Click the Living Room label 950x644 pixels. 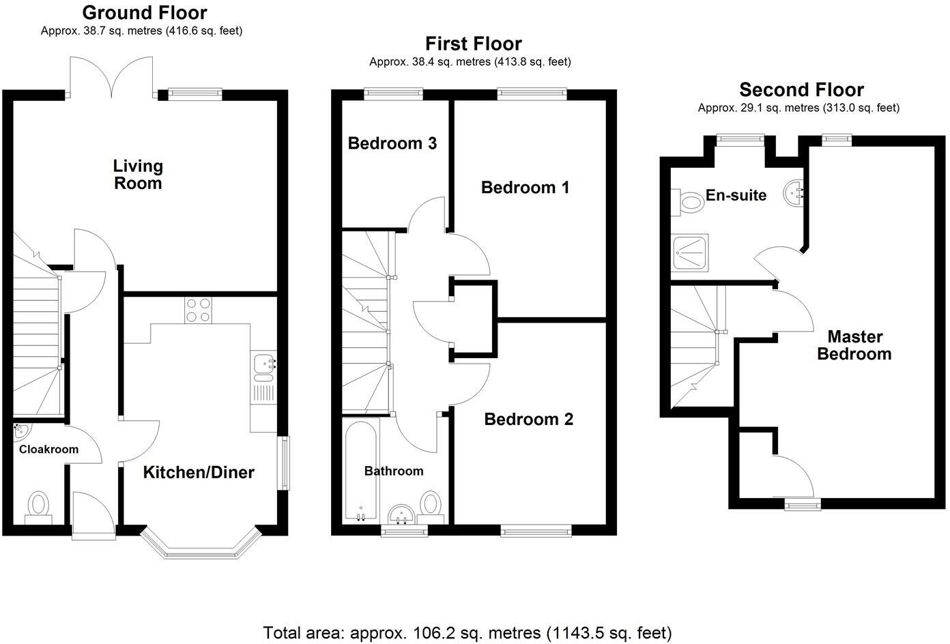coord(138,175)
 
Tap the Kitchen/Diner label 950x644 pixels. coord(199,472)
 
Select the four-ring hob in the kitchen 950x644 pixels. coord(198,310)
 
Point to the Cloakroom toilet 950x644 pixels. coord(38,507)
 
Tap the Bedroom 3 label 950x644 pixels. coord(392,143)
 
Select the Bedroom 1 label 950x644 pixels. coord(525,188)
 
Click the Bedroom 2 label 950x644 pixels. coord(528,419)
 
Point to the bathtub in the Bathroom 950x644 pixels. coord(360,471)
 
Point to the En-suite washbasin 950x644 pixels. coord(794,192)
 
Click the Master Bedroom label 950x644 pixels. coord(854,345)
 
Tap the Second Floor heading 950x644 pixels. coord(801,89)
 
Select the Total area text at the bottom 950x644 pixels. coord(467,632)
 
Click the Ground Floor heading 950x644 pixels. coord(144,12)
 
